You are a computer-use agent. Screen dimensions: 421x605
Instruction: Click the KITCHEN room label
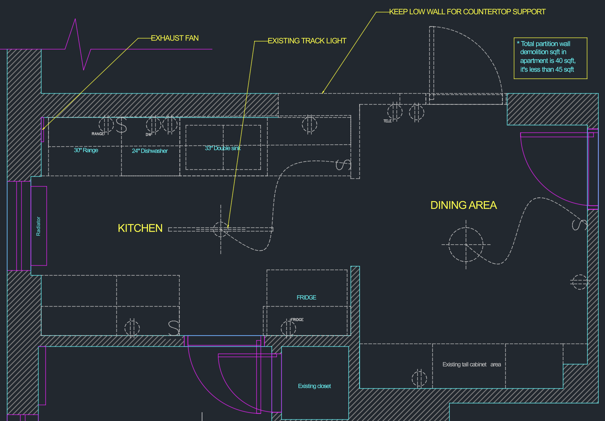[140, 228]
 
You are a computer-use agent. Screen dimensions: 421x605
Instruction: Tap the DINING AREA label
[463, 205]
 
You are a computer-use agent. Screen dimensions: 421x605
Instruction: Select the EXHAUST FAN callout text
[175, 38]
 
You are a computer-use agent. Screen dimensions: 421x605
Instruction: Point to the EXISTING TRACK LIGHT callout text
[307, 41]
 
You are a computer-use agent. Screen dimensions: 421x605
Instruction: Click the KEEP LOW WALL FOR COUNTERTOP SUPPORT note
[467, 12]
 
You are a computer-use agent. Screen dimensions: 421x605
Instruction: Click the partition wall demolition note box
[550, 58]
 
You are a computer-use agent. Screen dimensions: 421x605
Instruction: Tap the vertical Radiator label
[38, 226]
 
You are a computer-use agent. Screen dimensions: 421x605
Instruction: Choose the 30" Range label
[86, 150]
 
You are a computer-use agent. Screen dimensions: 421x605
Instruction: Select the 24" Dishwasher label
[150, 151]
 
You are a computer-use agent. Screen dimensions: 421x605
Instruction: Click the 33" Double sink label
[222, 148]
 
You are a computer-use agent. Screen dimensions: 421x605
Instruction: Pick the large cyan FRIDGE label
[306, 298]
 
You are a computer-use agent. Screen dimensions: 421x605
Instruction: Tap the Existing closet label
[314, 386]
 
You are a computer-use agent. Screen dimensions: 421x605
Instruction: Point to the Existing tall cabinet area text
[471, 365]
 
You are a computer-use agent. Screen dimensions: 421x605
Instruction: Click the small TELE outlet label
[387, 121]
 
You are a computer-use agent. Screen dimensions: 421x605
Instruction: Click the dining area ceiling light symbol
[466, 244]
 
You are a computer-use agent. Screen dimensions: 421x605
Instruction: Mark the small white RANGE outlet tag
[98, 134]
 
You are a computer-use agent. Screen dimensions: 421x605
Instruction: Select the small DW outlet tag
[148, 134]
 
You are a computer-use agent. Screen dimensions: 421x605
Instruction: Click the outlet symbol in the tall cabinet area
[419, 378]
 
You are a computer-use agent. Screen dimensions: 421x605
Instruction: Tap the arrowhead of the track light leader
[228, 227]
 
